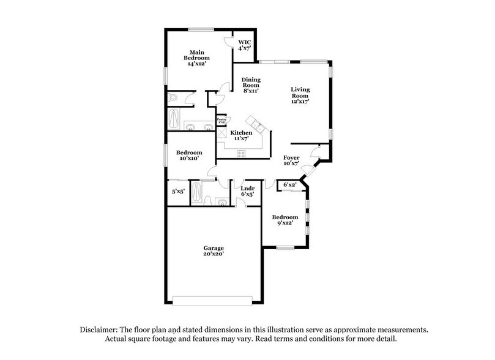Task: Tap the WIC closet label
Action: coord(245,44)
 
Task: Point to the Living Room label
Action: coord(300,96)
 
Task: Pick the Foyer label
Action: coord(291,161)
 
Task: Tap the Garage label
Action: coord(214,250)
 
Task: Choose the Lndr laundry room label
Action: coord(247,191)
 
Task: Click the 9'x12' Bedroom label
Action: coord(285,220)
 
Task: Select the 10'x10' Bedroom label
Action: coord(189,156)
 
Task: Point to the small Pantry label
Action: coord(221,121)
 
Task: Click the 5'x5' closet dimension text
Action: coord(178,192)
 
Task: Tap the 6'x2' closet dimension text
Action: coord(288,185)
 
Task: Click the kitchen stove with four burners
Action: coord(241,154)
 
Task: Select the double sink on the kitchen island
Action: coord(258,127)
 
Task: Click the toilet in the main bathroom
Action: coord(173,97)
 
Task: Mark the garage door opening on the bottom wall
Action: coord(212,300)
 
